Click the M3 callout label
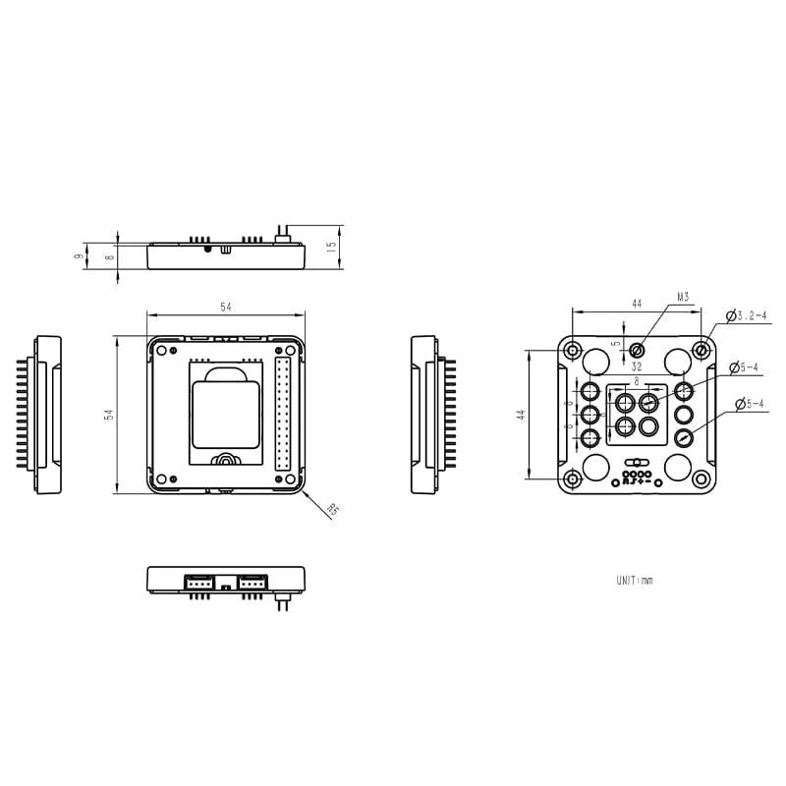click(684, 295)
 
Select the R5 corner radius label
click(333, 510)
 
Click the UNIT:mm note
click(634, 581)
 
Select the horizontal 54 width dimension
click(226, 308)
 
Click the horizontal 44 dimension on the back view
click(636, 306)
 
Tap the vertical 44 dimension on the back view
click(521, 415)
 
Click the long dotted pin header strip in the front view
click(284, 415)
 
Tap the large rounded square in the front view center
click(226, 415)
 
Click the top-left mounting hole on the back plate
click(571, 350)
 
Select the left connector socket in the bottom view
click(199, 582)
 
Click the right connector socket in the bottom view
click(253, 582)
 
